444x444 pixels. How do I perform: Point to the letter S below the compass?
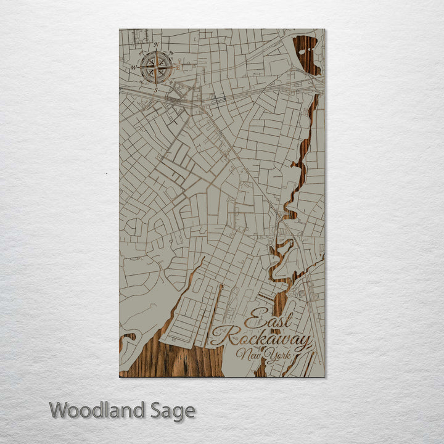156,90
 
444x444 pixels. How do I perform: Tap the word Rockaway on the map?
260,338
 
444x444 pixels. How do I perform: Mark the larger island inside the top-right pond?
302,52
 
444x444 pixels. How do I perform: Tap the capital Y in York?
269,355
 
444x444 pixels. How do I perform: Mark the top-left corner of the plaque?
120,29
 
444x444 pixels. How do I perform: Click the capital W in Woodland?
59,410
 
